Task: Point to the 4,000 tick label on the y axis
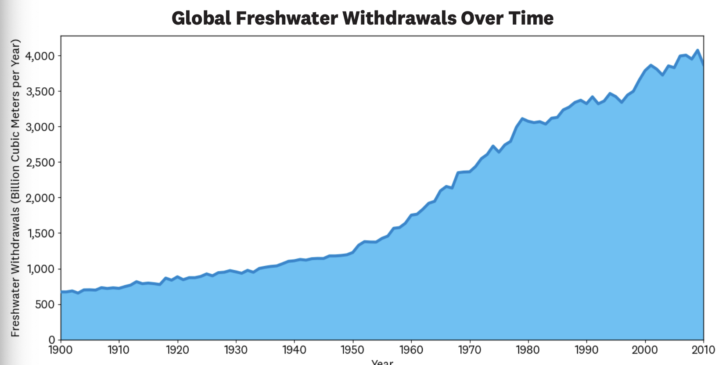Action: (x=40, y=56)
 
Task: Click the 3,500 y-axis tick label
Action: (x=40, y=92)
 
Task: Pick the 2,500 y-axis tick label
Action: (x=40, y=163)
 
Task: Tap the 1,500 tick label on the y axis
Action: (x=40, y=233)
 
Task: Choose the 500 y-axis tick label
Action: (x=45, y=304)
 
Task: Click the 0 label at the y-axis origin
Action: (x=52, y=340)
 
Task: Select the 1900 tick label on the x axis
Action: (x=61, y=350)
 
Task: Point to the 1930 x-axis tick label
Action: (x=236, y=350)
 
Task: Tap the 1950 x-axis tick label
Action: (x=352, y=350)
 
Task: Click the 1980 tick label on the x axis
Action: (x=528, y=350)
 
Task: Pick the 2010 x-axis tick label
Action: (x=703, y=350)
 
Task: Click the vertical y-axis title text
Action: (x=15, y=188)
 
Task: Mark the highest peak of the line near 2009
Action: (x=697, y=50)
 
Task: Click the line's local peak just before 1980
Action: (x=522, y=118)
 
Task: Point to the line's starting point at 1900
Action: (x=61, y=292)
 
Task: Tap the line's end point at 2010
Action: (x=703, y=65)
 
